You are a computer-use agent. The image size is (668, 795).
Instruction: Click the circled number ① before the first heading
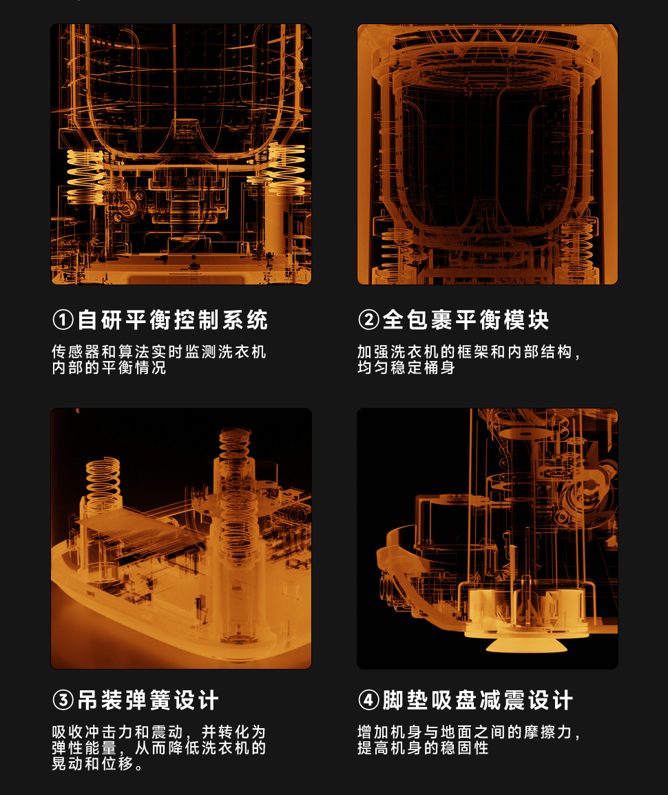[x=63, y=320]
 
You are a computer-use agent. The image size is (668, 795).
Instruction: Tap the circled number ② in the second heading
[x=368, y=320]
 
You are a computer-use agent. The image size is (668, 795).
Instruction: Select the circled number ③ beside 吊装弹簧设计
[x=63, y=700]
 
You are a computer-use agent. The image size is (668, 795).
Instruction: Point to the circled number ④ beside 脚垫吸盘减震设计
[x=368, y=700]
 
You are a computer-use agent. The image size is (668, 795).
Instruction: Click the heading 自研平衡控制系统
[x=172, y=320]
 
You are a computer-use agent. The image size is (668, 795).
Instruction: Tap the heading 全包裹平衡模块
[x=466, y=320]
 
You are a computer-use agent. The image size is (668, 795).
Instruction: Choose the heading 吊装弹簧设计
[x=148, y=700]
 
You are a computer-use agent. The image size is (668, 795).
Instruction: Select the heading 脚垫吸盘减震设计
[x=477, y=700]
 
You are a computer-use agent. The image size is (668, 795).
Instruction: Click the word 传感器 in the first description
[x=76, y=352]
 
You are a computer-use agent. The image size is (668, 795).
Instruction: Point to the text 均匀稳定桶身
[x=406, y=368]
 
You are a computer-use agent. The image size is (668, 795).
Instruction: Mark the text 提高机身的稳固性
[x=423, y=748]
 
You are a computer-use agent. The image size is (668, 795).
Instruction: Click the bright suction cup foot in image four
[x=525, y=644]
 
